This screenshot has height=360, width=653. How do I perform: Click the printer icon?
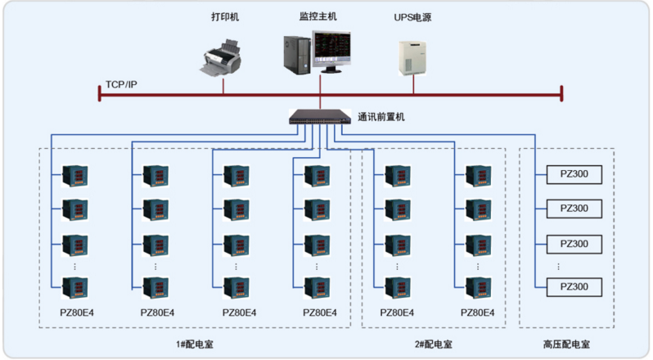point(222,58)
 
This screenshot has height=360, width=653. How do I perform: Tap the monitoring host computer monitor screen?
point(331,46)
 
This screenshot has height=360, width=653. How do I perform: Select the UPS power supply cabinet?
point(412,58)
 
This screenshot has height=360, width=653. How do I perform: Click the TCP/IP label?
point(121,84)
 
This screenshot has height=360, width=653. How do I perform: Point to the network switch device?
point(320,117)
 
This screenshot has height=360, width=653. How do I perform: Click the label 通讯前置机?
point(381,117)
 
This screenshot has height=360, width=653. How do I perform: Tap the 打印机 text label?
point(225,16)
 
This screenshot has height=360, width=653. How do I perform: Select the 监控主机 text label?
point(318,16)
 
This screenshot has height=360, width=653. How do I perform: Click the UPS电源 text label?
point(412,17)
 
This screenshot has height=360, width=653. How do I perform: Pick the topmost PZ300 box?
point(574,174)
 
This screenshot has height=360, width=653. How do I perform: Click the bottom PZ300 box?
point(574,287)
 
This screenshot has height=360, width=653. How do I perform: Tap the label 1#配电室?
point(195,344)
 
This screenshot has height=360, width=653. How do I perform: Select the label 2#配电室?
point(434,344)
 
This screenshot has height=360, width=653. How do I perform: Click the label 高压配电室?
point(566,344)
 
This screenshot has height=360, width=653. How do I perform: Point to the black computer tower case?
point(297,56)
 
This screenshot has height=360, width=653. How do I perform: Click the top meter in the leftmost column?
point(75,176)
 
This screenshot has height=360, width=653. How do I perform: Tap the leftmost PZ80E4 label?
point(77,313)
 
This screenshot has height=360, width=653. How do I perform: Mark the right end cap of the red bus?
point(561,93)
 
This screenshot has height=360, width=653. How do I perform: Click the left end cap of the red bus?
point(100,93)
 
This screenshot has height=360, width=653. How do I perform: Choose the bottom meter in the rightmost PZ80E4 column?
point(479,288)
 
